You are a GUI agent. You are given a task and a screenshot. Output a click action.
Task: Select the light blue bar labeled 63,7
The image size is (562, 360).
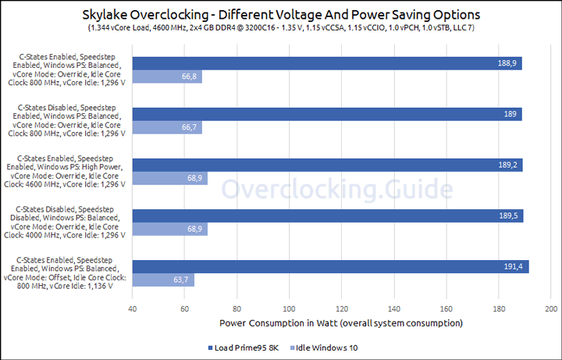[163, 280]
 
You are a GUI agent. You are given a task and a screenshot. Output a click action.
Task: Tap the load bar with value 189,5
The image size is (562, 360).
[328, 216]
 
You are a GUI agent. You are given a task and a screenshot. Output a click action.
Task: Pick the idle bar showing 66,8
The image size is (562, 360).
[167, 77]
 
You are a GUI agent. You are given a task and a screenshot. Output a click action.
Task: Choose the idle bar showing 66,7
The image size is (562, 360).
[167, 127]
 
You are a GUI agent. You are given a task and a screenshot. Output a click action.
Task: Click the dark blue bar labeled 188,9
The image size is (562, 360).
[327, 63]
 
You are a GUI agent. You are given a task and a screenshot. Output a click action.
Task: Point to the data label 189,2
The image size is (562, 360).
[510, 165]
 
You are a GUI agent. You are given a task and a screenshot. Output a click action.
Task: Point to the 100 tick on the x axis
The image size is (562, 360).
[290, 308]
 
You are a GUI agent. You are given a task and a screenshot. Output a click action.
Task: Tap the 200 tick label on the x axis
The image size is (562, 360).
[551, 308]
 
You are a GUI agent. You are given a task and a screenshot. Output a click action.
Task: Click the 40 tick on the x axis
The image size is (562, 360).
[133, 308]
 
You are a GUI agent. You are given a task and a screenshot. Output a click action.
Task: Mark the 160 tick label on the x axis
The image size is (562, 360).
[446, 308]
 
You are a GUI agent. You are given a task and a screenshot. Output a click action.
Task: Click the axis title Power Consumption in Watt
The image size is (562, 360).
[341, 323]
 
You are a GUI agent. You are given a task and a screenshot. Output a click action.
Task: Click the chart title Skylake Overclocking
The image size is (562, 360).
[281, 15]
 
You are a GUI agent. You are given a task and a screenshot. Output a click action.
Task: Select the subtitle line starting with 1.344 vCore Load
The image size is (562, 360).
[281, 29]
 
